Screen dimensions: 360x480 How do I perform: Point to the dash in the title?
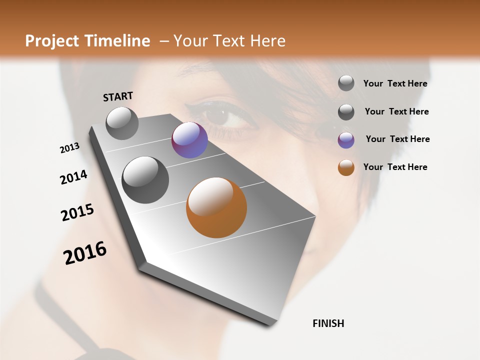(164, 41)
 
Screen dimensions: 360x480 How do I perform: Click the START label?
(118, 96)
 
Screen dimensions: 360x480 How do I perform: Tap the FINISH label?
(328, 323)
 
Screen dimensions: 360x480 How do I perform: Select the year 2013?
(69, 148)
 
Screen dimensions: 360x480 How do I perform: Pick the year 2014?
(73, 177)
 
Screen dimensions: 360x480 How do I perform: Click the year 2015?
(77, 212)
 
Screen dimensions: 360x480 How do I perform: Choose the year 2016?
(85, 253)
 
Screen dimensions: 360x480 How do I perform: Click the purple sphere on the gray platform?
(189, 140)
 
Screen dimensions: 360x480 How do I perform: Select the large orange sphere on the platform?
(216, 207)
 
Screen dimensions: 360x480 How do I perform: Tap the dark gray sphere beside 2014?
(145, 180)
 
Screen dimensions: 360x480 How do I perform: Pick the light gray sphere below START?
(122, 123)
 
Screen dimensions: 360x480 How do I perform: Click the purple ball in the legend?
(346, 140)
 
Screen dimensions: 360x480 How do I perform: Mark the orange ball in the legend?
(346, 167)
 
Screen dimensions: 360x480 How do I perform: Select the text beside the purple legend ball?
(397, 139)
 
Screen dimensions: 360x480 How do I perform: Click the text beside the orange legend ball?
(395, 167)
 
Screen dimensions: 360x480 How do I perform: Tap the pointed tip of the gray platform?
(272, 322)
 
